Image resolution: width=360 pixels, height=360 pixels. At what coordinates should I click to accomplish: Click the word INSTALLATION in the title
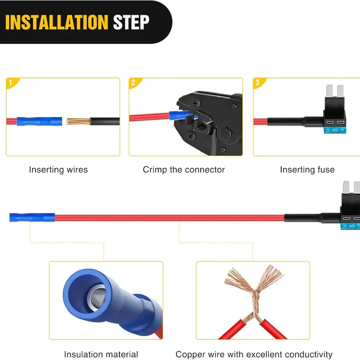[57, 22]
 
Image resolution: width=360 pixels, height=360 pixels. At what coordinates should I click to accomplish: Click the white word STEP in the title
[131, 22]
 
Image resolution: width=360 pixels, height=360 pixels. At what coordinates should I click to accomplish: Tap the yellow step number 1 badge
[12, 83]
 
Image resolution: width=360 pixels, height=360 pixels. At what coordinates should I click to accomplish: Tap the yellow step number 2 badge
[134, 83]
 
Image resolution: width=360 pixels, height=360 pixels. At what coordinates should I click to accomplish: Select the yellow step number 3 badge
[258, 83]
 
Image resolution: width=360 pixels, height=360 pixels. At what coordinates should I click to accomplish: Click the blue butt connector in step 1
[40, 121]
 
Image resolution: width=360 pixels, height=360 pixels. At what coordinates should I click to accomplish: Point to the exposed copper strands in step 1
[78, 121]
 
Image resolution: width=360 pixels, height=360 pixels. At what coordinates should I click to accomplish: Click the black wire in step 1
[105, 121]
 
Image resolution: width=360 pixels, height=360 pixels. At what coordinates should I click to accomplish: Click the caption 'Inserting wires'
[58, 170]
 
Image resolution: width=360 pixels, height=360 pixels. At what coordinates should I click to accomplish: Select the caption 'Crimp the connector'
[184, 170]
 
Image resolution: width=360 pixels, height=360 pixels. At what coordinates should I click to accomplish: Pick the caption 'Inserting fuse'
[307, 170]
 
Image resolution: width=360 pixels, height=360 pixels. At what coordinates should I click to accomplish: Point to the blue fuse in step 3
[335, 130]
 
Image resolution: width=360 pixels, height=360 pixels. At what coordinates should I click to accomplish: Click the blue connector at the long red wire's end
[32, 217]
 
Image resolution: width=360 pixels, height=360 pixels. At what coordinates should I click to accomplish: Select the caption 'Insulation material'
[101, 354]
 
